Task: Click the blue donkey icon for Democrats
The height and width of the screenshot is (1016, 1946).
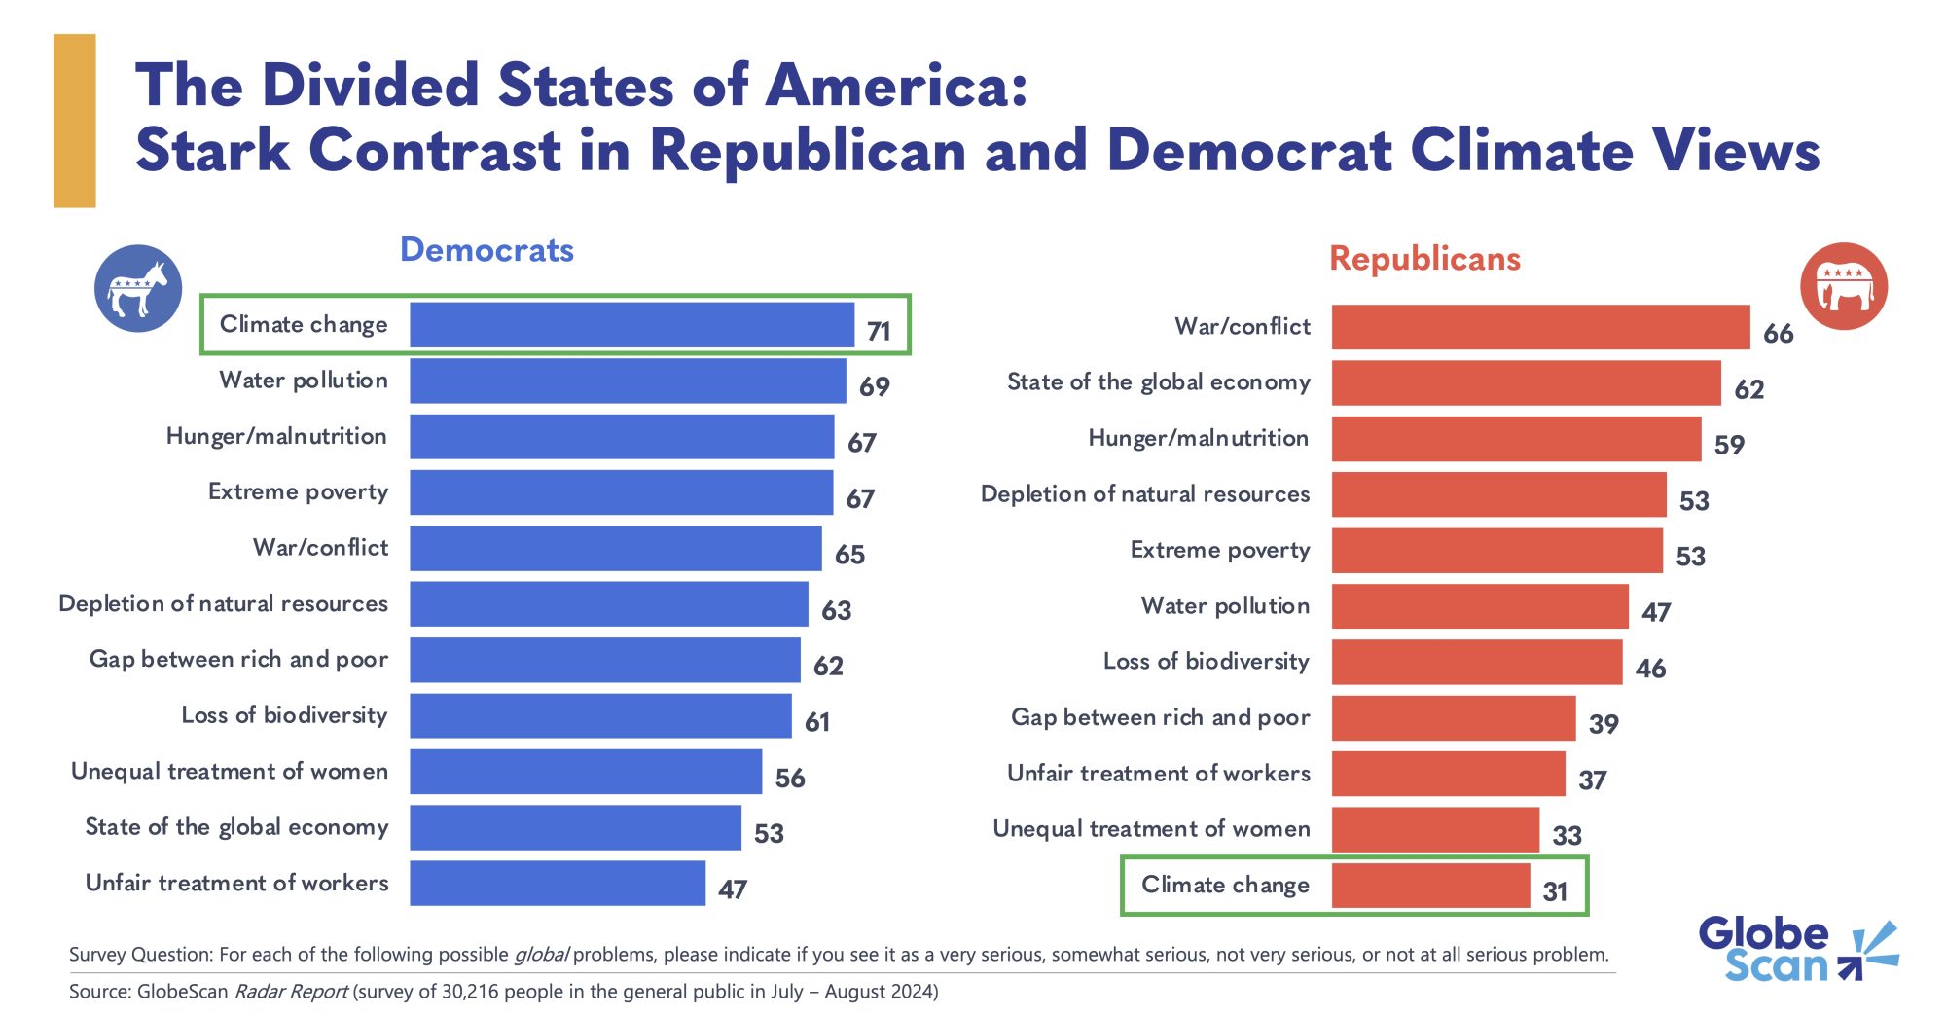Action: pos(138,288)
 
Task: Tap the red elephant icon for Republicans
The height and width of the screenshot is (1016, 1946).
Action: pos(1844,286)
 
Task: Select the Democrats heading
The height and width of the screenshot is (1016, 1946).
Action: pos(486,250)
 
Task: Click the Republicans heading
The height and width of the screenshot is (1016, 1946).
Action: pos(1424,259)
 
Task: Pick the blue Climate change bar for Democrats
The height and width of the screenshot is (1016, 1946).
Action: pos(631,325)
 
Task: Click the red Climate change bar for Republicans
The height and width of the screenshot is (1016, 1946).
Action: pos(1430,886)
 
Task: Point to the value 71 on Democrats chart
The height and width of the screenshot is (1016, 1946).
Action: pos(879,331)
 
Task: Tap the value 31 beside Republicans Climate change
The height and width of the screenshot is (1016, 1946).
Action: pos(1555,891)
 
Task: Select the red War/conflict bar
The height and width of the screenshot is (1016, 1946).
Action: pos(1540,327)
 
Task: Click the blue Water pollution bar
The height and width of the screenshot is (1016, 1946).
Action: pos(628,381)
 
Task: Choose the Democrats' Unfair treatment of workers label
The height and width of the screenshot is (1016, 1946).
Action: pos(236,883)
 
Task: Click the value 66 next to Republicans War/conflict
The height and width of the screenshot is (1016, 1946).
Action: pos(1778,334)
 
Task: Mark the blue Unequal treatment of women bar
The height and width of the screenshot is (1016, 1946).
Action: pos(586,772)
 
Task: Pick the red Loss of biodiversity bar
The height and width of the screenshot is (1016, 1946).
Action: pos(1476,663)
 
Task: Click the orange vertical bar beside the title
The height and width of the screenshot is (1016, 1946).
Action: pos(74,121)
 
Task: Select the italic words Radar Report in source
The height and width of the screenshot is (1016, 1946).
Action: pos(291,992)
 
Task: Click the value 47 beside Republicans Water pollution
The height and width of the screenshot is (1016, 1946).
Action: pos(1656,612)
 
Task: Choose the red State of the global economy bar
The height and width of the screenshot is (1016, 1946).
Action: pos(1526,383)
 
